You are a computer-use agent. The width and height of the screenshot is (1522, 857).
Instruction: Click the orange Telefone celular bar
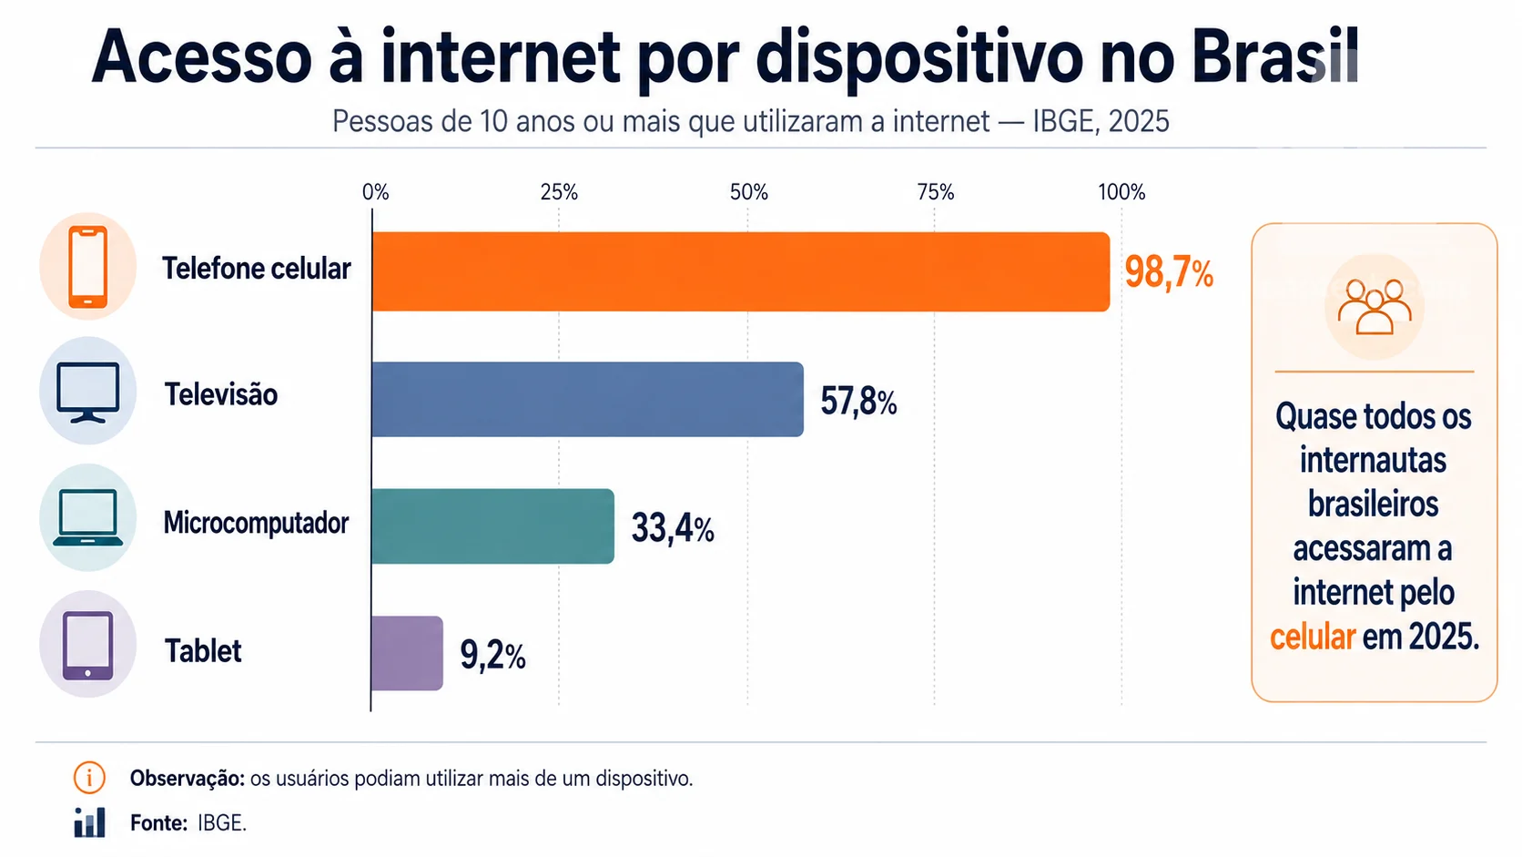[x=741, y=271]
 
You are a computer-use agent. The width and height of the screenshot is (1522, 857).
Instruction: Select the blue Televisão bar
[x=588, y=399]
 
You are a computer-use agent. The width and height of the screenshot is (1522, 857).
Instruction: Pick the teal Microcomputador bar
[x=492, y=526]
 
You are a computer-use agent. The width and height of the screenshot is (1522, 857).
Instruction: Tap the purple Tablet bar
[x=407, y=653]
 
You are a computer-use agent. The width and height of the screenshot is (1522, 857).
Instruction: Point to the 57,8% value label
[x=858, y=401]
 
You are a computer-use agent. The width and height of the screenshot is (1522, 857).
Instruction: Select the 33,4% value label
[x=673, y=529]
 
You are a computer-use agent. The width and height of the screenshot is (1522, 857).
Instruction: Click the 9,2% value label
[x=492, y=656]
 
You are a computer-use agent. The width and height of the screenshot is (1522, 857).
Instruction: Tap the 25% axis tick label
[x=559, y=192]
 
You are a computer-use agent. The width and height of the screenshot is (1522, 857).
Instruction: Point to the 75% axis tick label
[x=935, y=192]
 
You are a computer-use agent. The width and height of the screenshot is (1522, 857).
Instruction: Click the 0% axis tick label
[x=375, y=192]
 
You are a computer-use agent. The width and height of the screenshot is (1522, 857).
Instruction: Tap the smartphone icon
[x=88, y=267]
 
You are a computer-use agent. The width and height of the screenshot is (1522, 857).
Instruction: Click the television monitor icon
[x=87, y=393]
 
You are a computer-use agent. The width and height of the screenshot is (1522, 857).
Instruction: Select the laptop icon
[x=87, y=517]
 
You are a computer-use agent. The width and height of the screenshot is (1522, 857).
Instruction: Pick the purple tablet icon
[x=87, y=646]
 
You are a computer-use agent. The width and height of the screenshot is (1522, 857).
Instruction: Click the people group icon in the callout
[x=1375, y=307]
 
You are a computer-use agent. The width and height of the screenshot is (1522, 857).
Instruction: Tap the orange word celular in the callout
[x=1313, y=638]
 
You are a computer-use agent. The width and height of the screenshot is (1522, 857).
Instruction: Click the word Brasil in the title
[x=1274, y=57]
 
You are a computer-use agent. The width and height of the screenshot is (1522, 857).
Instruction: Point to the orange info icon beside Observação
[x=89, y=778]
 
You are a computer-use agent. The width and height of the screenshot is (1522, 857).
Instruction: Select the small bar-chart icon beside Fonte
[x=90, y=822]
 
